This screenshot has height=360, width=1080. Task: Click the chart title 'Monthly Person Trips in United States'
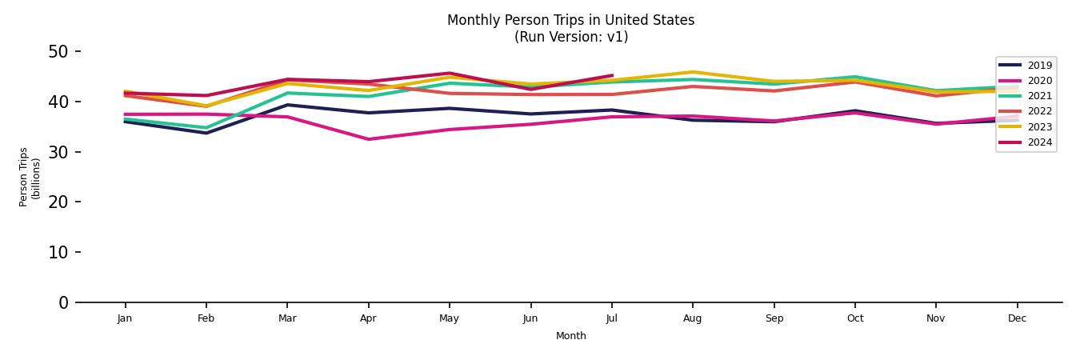click(x=570, y=20)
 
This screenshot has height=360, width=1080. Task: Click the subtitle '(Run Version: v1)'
click(x=570, y=37)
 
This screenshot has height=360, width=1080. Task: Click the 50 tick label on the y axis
click(x=59, y=52)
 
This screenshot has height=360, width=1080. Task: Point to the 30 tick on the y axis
click(x=59, y=152)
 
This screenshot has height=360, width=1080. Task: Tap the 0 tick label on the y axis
click(x=64, y=302)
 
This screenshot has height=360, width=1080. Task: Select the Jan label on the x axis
click(x=125, y=318)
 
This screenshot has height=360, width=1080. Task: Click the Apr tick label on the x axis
click(x=368, y=318)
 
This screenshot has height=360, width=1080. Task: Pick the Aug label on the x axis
click(x=692, y=318)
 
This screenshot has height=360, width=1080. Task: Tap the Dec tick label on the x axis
click(x=1017, y=318)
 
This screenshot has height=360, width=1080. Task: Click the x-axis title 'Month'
click(x=570, y=336)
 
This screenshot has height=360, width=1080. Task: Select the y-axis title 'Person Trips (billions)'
click(x=30, y=177)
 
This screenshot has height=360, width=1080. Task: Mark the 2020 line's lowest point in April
click(x=368, y=139)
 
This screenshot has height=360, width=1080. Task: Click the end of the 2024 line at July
click(x=612, y=76)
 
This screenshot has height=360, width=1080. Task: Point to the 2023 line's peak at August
click(x=692, y=72)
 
